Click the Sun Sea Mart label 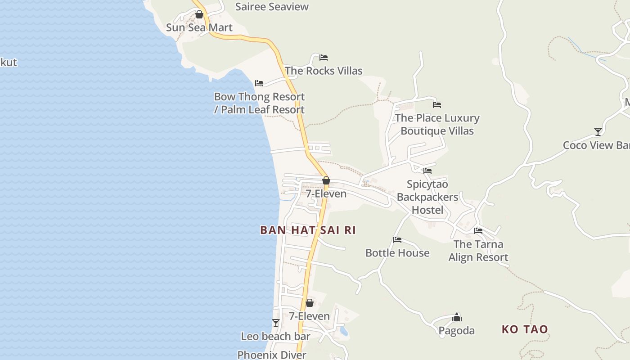(199, 27)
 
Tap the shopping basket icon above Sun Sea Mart (199, 15)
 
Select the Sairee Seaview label (272, 7)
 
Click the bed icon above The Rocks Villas (324, 58)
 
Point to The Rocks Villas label (324, 71)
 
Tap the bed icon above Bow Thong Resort (259, 83)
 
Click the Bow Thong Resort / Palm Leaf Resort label (259, 103)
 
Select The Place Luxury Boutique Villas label (437, 124)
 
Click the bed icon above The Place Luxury (437, 105)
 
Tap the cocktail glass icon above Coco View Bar (598, 132)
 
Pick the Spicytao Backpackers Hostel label (427, 197)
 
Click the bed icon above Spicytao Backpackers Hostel (427, 171)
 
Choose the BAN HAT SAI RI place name (308, 230)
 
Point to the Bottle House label (397, 253)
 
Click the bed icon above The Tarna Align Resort (478, 231)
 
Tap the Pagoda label (457, 331)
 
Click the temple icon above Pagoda (457, 318)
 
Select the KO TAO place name (525, 329)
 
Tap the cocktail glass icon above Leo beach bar (276, 323)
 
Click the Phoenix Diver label (272, 355)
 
